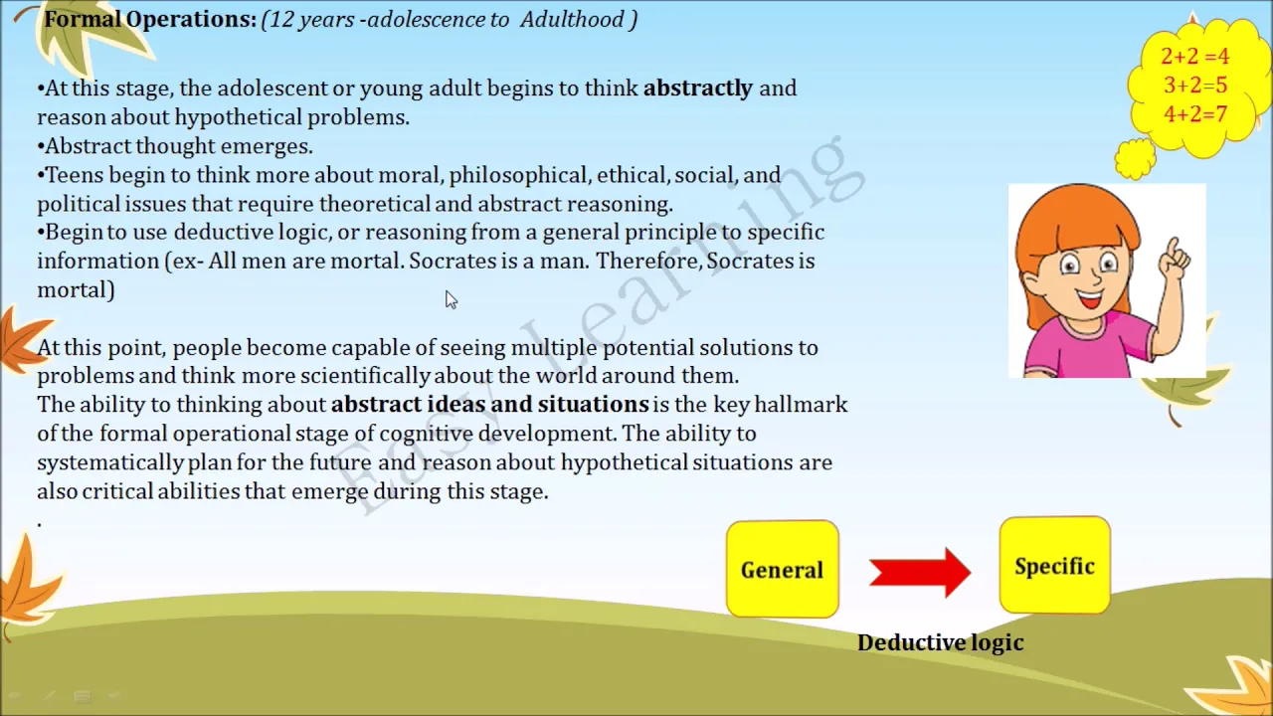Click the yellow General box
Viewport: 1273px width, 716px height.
pyautogui.click(x=783, y=569)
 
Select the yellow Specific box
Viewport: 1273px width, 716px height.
pyautogui.click(x=1055, y=566)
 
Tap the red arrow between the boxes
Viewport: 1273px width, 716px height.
pyautogui.click(x=920, y=572)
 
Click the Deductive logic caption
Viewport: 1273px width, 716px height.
pyautogui.click(x=941, y=642)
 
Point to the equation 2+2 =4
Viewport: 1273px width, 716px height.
pyautogui.click(x=1194, y=56)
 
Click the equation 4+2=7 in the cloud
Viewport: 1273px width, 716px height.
pyautogui.click(x=1195, y=114)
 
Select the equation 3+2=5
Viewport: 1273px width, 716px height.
pyautogui.click(x=1195, y=86)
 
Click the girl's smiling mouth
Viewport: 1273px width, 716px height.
pyautogui.click(x=1090, y=297)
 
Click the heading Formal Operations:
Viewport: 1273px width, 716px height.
pyautogui.click(x=150, y=19)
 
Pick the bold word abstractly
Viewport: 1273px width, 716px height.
pyautogui.click(x=698, y=89)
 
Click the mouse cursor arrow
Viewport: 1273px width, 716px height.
pyautogui.click(x=452, y=300)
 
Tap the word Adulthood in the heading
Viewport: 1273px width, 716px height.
pyautogui.click(x=572, y=20)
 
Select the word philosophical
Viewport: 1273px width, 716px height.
pyautogui.click(x=517, y=175)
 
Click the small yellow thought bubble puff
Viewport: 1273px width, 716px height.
pyautogui.click(x=1135, y=158)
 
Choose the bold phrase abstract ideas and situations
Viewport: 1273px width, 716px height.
pyautogui.click(x=490, y=404)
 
